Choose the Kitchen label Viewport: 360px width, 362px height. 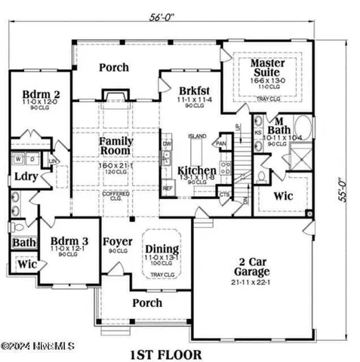point(196,171)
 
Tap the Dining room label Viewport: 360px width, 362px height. point(162,250)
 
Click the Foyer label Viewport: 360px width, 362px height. point(118,242)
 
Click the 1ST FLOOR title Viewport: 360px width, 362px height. point(165,354)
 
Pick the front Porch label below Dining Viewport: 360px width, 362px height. point(147,302)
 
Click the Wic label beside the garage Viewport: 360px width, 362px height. point(283,196)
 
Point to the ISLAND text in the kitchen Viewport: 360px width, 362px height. point(197,137)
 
